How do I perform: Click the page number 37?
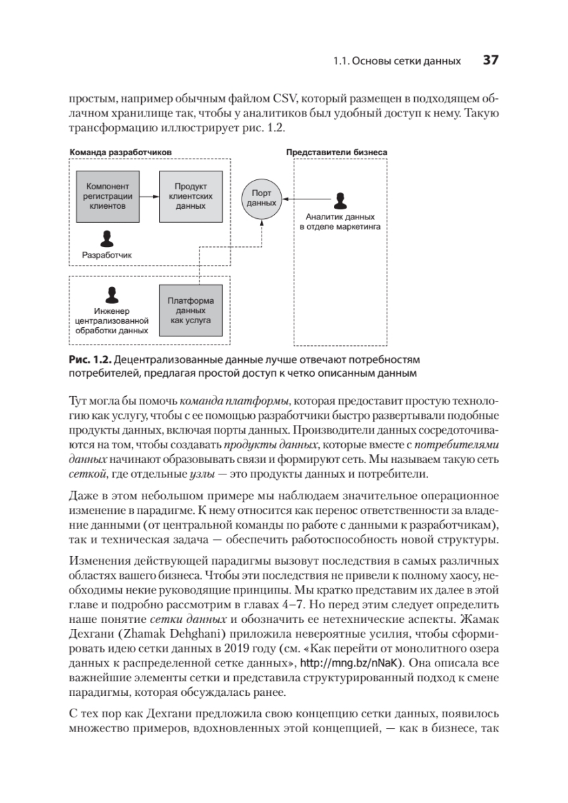490,60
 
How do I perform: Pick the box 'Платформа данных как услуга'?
190,310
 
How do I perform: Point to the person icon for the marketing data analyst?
339,200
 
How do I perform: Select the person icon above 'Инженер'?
112,294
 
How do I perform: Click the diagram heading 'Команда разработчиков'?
120,153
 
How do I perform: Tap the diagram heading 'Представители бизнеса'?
337,153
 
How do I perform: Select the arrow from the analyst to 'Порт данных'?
304,198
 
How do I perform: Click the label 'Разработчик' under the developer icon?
107,255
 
